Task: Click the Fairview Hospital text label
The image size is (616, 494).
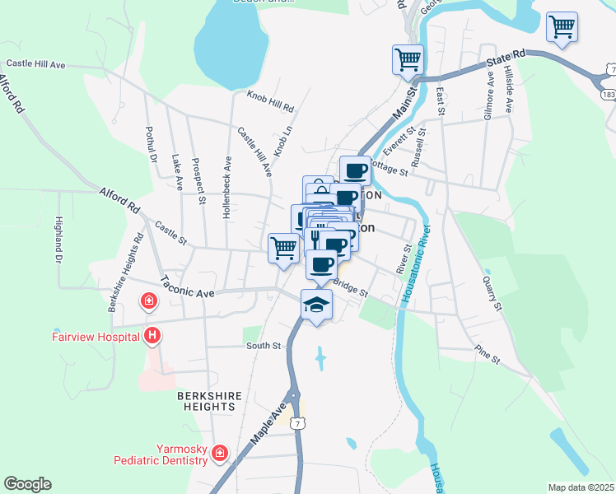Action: coord(92,336)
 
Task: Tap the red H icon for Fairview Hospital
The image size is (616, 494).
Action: coord(152,335)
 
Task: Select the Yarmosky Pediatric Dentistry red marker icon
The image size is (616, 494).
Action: coord(219,453)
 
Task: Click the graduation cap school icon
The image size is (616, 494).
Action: coord(316,304)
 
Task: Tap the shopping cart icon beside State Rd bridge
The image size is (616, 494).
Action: coord(408,59)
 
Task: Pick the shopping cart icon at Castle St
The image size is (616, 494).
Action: coord(283,248)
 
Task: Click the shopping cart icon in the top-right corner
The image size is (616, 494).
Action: coord(562,26)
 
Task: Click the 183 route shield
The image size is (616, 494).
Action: coord(608,96)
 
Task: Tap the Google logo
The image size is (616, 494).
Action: coord(27,484)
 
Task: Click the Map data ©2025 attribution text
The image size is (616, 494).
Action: coord(580,487)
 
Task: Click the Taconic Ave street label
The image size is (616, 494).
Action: coord(187,286)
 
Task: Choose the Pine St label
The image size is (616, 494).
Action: coord(488,355)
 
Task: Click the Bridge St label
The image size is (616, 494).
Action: coord(350,288)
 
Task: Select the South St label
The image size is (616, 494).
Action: coord(264,346)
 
